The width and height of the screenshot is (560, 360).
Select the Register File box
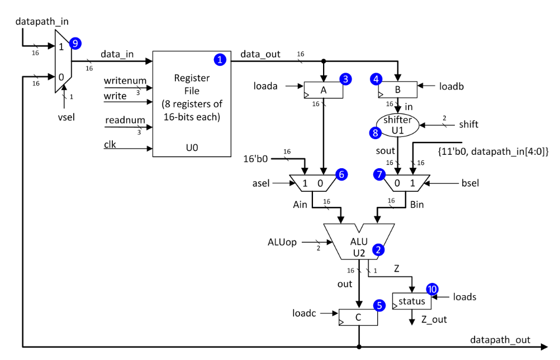pos(192,104)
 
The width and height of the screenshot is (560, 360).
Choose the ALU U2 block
pos(360,240)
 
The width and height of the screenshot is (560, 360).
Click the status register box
pos(412,301)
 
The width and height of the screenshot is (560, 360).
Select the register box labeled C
pos(358,317)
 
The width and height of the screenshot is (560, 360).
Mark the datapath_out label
pos(500,339)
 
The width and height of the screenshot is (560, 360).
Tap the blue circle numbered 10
pos(432,289)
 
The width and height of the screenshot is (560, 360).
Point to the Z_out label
pos(434,320)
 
